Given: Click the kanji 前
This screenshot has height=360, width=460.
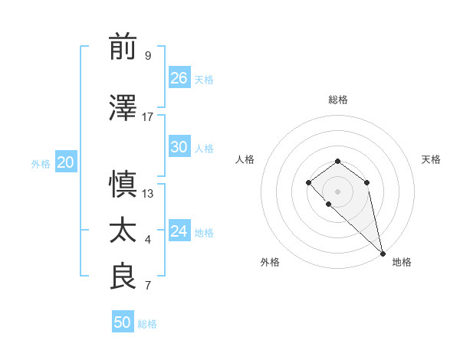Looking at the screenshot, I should click(123, 47).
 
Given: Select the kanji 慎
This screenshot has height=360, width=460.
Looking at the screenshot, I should click(123, 185).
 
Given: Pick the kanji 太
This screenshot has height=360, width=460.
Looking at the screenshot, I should click(123, 231).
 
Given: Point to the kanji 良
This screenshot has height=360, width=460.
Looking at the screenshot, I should click(123, 277).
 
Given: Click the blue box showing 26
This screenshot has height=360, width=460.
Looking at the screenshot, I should click(179, 78).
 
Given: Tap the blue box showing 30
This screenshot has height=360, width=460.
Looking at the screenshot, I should click(179, 147).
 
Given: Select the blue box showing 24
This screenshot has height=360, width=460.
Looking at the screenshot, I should click(179, 231).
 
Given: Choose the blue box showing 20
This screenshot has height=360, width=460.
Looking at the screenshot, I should click(66, 162).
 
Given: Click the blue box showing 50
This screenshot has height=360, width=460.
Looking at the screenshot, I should click(123, 322).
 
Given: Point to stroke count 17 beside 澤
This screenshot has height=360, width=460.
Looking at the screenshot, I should click(148, 116).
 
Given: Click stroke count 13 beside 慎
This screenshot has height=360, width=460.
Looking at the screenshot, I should click(148, 193).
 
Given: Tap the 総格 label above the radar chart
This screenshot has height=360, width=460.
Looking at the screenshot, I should click(338, 100).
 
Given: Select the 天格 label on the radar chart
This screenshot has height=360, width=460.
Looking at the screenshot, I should click(431, 159).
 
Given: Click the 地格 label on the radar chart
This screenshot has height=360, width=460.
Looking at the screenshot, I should click(402, 262).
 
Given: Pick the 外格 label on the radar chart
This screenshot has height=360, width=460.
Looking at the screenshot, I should click(270, 262).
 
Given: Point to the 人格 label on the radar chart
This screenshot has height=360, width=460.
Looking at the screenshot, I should click(245, 159).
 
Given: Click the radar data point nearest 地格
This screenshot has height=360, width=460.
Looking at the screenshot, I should click(382, 253).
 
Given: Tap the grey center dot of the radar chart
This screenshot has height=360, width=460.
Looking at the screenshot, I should click(337, 191).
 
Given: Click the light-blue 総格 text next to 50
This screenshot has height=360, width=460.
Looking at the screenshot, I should click(147, 324).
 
